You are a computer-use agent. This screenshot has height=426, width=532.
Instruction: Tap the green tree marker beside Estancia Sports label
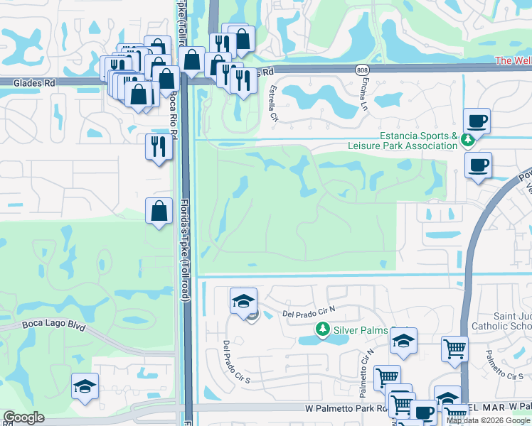(x=468, y=140)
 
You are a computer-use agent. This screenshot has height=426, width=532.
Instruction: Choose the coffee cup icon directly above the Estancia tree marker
(x=476, y=120)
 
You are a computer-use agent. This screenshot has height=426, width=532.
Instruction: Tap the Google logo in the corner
(x=23, y=417)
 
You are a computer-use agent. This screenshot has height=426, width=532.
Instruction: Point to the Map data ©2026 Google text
(x=489, y=420)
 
